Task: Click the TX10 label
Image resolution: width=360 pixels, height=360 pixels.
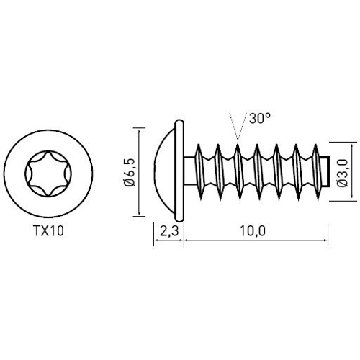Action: [49, 234]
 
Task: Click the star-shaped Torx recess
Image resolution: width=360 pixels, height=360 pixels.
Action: [49, 172]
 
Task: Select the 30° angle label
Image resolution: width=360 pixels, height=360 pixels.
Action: [261, 119]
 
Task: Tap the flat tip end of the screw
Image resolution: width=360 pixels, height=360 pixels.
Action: [328, 173]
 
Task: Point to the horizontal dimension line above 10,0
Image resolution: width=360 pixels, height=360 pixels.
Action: [256, 243]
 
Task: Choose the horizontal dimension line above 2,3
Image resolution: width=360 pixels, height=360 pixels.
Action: [168, 243]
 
